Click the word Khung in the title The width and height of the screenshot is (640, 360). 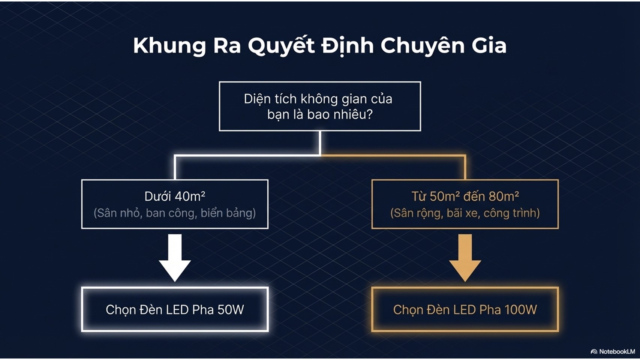point(169,46)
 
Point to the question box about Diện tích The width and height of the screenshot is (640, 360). point(320,106)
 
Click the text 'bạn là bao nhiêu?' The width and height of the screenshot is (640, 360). point(320,114)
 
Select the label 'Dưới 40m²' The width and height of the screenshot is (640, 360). point(175,196)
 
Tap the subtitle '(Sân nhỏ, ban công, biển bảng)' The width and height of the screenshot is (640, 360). point(175,213)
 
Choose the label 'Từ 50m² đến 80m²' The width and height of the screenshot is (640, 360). point(465,196)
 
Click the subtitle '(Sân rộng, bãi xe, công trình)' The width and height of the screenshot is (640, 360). point(465,213)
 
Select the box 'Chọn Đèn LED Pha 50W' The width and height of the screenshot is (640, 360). point(175,309)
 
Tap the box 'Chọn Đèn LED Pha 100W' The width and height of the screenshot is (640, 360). point(465,309)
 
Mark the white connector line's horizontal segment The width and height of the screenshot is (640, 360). point(247,155)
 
